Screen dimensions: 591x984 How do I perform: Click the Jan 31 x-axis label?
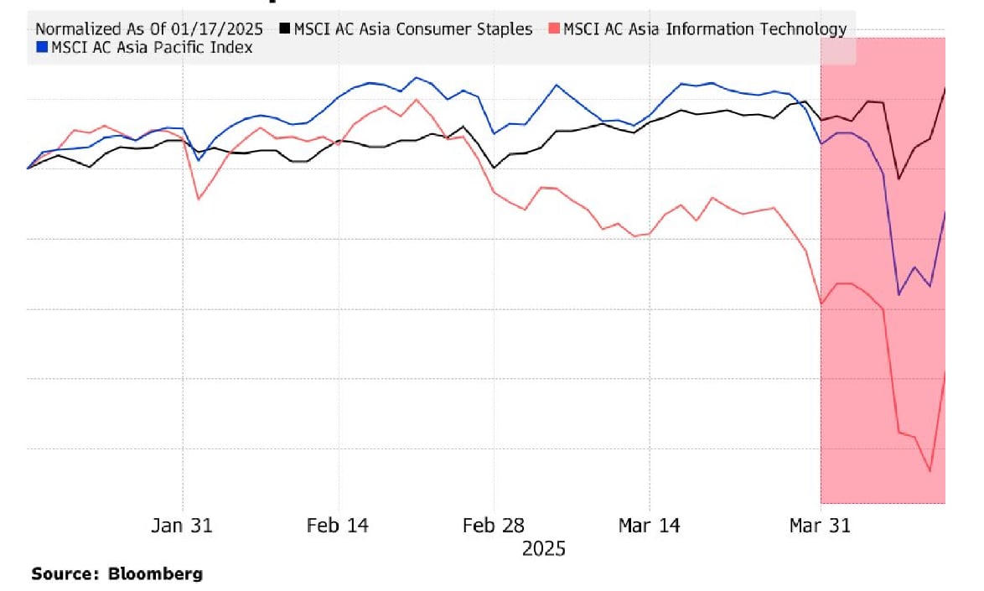182,526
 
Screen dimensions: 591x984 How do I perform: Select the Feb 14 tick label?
338,526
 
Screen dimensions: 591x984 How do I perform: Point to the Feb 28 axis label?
494,526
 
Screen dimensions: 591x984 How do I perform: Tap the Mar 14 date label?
650,526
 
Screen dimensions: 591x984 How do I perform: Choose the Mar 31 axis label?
820,526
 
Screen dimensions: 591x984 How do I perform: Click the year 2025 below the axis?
544,549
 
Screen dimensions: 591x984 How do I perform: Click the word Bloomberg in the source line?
155,574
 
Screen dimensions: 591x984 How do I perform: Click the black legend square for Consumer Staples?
285,29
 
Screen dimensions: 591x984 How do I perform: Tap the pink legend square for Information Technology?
554,29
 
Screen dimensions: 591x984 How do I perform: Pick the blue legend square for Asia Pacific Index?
42,48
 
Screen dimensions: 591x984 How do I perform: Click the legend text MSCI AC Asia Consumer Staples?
412,29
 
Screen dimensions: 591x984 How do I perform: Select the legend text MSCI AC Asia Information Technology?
705,29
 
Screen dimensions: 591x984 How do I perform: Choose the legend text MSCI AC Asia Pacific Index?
152,48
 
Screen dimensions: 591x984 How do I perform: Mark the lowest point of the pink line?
930,471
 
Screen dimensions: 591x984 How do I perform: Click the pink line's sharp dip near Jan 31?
198,199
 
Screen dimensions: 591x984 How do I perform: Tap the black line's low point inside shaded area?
899,179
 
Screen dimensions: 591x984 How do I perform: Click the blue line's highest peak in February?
416,77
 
